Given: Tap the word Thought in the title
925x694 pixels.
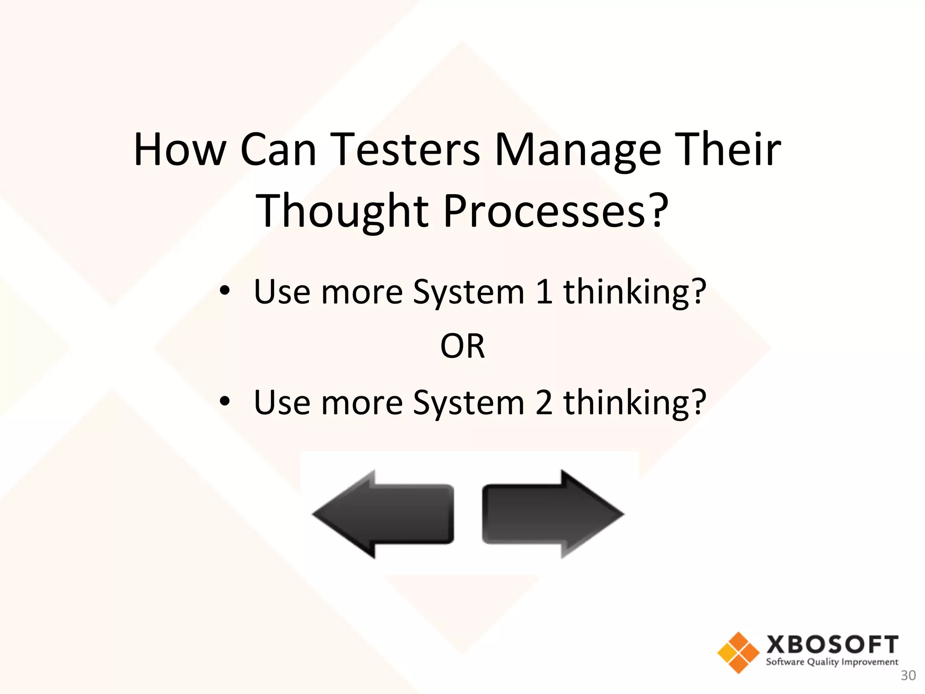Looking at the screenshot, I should coord(342,211).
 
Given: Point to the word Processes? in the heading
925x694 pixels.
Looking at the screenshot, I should coord(556,211).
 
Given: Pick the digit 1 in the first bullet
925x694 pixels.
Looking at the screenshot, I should coord(544,292).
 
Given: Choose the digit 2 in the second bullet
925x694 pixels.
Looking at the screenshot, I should coord(544,403).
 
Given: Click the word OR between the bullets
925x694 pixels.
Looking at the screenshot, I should coord(462,347).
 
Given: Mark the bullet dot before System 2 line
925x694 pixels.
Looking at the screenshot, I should coord(224,401).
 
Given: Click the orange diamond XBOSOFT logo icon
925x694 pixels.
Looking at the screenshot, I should coord(738,652).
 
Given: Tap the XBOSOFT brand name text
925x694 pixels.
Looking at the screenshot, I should coord(832,645).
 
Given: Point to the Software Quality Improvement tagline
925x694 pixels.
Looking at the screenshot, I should coord(832,662).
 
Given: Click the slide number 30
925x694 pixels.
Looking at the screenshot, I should coord(908,675).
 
